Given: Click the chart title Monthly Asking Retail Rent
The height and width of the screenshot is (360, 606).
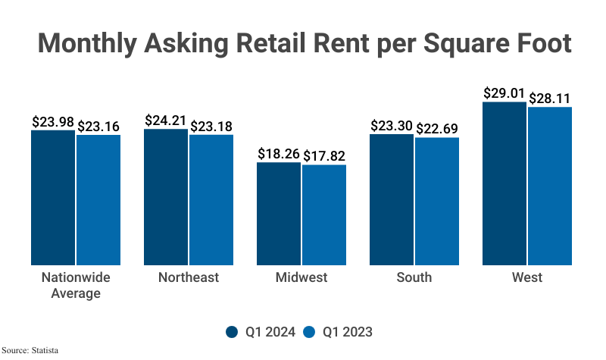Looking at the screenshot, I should click(x=303, y=42).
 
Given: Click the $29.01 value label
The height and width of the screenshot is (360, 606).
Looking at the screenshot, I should click(x=504, y=93).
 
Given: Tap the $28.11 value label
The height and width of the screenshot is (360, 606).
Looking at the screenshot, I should click(x=551, y=99).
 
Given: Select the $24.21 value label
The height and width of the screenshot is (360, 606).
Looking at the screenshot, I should click(x=165, y=121).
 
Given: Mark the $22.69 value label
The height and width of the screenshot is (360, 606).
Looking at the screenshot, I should click(x=438, y=129).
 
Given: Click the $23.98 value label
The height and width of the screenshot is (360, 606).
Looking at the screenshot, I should click(x=52, y=121).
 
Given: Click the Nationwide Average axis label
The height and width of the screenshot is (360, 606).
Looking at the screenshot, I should click(x=76, y=285).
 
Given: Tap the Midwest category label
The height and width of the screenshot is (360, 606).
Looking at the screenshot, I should click(x=301, y=277).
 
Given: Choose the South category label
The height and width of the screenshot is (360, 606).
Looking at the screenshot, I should click(x=414, y=277).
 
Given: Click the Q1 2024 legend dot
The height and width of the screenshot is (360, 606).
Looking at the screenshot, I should click(x=233, y=331).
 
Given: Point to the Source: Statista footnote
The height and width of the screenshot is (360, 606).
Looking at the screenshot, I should click(x=30, y=351).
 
